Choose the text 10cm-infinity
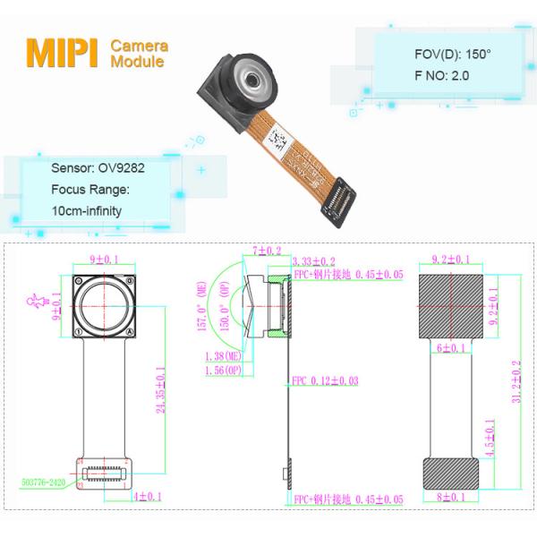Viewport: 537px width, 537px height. pos(87,211)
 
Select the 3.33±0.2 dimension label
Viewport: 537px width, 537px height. pos(313,260)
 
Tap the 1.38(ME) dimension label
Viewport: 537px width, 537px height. pos(221,356)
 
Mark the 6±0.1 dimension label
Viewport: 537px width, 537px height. pos(453,349)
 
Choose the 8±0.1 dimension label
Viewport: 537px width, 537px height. pos(453,496)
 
